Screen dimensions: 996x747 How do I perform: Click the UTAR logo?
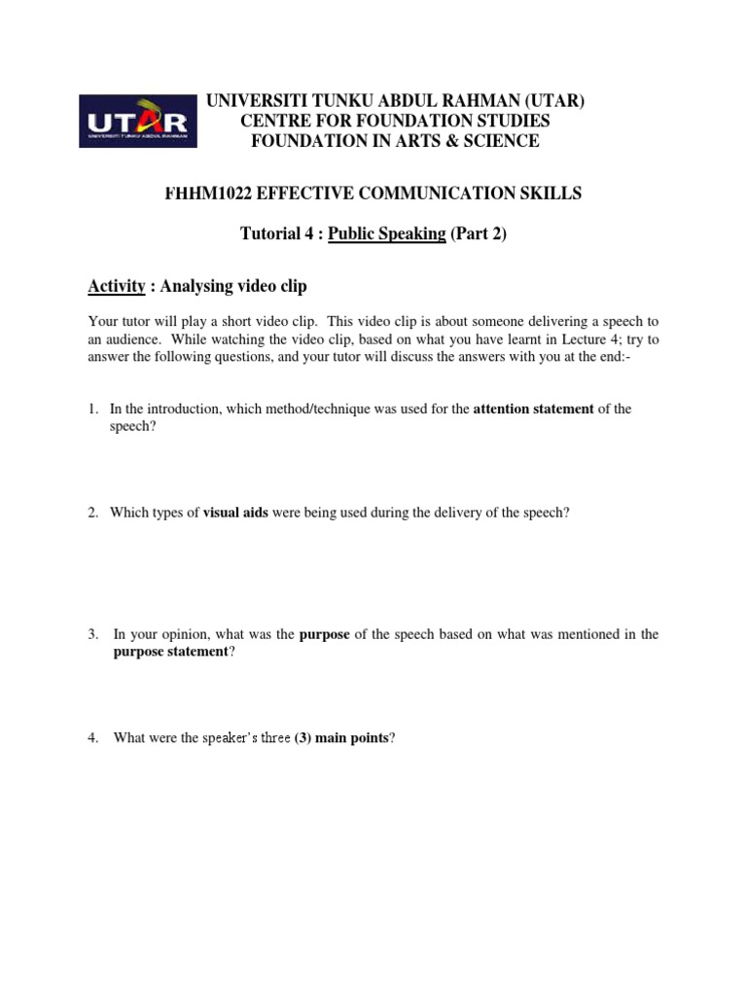137,121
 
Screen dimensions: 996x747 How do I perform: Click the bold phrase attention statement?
533,409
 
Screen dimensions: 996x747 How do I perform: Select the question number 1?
92,409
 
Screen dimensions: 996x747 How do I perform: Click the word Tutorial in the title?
271,235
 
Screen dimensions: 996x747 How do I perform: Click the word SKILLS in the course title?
551,194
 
